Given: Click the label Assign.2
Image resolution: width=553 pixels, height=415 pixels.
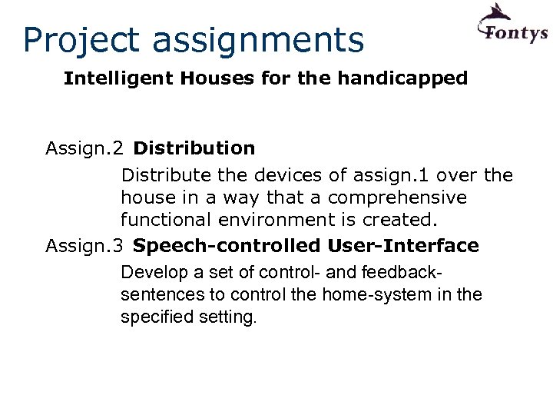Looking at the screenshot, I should click(84, 148).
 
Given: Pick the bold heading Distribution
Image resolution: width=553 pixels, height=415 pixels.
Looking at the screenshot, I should click(194, 148).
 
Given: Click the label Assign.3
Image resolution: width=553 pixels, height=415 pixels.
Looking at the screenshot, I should click(84, 246).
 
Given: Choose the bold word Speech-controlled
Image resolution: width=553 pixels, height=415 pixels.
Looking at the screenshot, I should click(226, 246).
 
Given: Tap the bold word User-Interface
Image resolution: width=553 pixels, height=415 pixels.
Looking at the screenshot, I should click(402, 246).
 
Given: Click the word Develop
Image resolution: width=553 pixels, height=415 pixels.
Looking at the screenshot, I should click(151, 273).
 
